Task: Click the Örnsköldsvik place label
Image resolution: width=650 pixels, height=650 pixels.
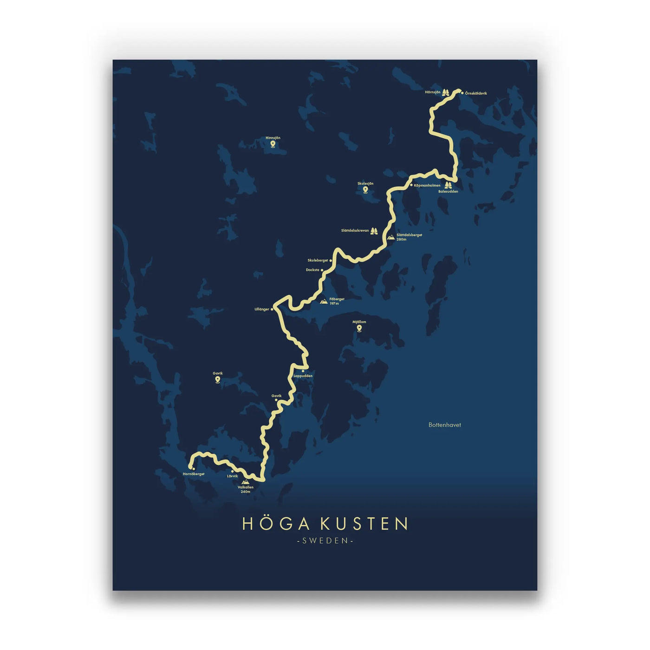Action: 476,93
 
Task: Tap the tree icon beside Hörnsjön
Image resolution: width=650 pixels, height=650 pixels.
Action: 446,92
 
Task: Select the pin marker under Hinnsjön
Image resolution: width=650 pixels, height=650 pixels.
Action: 273,144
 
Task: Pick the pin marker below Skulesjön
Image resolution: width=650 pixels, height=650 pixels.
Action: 365,189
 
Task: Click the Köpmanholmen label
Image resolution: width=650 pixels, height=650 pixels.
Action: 427,185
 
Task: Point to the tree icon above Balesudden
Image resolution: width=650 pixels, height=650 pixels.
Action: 448,185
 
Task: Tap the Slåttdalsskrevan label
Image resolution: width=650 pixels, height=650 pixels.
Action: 355,231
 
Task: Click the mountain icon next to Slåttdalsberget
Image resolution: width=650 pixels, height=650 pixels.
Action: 391,237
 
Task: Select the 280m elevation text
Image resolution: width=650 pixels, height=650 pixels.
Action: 401,240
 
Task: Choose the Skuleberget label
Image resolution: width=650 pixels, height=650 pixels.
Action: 318,260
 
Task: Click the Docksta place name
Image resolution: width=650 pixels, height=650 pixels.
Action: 312,270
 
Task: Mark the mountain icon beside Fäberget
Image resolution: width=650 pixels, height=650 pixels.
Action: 324,301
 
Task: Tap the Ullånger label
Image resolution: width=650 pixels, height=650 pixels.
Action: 262,309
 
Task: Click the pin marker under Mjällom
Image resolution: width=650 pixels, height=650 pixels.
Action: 359,328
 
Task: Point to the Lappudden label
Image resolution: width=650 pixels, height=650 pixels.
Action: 303,376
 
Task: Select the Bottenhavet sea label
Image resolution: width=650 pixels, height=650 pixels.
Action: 445,425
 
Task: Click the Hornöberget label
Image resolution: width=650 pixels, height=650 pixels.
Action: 194,474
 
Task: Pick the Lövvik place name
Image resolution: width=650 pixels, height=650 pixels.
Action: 232,476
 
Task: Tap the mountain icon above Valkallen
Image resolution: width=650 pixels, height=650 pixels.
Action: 245,482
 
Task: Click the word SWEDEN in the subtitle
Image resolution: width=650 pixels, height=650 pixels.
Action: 325,540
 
